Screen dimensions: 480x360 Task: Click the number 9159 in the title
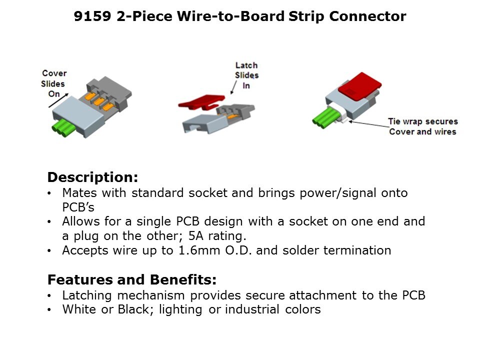(x=92, y=16)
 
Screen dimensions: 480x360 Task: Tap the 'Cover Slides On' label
(x=53, y=83)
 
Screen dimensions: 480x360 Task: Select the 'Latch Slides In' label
(x=246, y=75)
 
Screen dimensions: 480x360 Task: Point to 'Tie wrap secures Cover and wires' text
(x=423, y=126)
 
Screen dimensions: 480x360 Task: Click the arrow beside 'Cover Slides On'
(x=58, y=100)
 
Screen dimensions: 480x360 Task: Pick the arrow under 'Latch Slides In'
(x=233, y=87)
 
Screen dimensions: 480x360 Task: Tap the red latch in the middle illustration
(x=201, y=102)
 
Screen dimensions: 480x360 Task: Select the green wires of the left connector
(x=63, y=127)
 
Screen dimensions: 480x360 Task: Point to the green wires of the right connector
(x=324, y=118)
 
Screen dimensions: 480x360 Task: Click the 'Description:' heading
(x=93, y=177)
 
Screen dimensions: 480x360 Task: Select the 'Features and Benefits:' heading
(x=132, y=279)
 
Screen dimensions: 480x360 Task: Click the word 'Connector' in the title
(x=367, y=16)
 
